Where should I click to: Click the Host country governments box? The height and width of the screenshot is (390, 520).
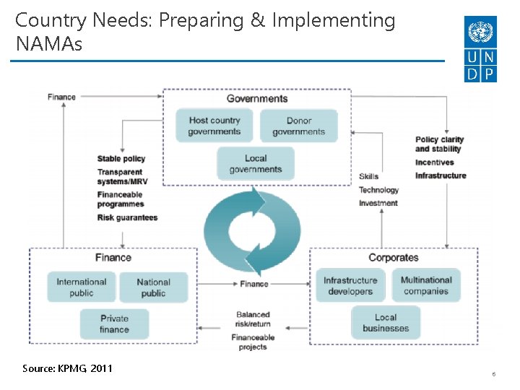tap(214, 126)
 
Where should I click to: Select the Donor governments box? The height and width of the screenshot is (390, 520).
tap(298, 126)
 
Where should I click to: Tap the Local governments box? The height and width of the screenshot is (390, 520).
tap(256, 164)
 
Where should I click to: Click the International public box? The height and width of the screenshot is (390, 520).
tap(82, 287)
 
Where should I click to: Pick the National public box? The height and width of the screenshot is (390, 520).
tap(153, 287)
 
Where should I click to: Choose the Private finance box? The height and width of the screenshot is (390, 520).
tap(114, 324)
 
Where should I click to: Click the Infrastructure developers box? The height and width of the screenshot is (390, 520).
tap(350, 285)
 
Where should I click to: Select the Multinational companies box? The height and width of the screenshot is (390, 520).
tap(425, 285)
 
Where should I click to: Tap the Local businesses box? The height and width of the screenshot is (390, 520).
tap(386, 322)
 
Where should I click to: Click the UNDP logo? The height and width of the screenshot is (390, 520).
tap(481, 49)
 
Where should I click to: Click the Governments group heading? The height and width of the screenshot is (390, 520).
tap(257, 99)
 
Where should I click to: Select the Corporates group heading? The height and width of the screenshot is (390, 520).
tap(393, 258)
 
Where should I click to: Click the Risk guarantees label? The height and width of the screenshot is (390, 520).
tap(127, 217)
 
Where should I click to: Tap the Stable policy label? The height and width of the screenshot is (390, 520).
tap(121, 159)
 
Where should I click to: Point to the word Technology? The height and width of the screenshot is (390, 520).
tap(378, 190)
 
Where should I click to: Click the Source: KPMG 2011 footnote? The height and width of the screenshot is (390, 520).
tap(67, 368)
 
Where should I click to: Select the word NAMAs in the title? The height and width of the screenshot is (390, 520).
tap(49, 44)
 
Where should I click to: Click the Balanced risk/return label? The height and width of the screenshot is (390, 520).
tap(253, 319)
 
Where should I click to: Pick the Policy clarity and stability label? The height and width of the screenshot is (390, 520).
tap(439, 144)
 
